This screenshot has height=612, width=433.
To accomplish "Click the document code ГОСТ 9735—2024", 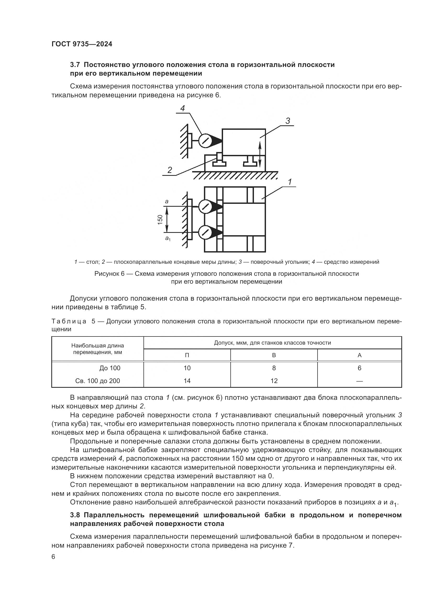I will tap(82, 44).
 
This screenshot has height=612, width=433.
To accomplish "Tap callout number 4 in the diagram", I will tap(182, 108).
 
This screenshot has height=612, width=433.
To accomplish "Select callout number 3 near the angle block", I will tap(288, 121).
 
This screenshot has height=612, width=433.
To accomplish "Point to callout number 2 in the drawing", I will tap(170, 170).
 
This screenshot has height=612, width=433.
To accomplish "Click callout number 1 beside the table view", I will tap(290, 182).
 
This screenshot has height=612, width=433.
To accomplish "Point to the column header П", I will tap(187, 355).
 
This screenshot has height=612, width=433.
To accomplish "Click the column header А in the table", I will tap(359, 355).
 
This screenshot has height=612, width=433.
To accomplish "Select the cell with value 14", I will tap(187, 381).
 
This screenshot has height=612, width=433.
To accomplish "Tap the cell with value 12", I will tap(274, 381).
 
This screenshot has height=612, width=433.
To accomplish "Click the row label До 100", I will tap(110, 368).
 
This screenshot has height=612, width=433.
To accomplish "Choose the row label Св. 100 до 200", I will tap(98, 381).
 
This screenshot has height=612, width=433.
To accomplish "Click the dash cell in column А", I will tap(359, 381).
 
